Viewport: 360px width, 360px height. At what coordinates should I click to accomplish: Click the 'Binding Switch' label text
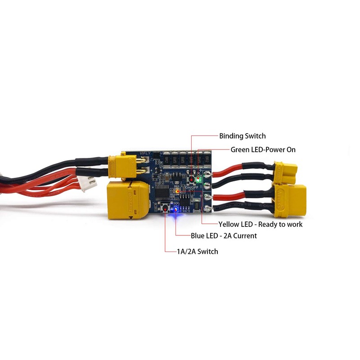242,136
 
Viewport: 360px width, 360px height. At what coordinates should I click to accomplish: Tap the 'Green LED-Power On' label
263,149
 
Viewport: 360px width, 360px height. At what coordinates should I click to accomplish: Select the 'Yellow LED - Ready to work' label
260,224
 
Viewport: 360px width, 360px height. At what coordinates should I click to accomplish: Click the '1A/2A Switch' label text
198,251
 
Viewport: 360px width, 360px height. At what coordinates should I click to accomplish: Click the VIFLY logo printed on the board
145,153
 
